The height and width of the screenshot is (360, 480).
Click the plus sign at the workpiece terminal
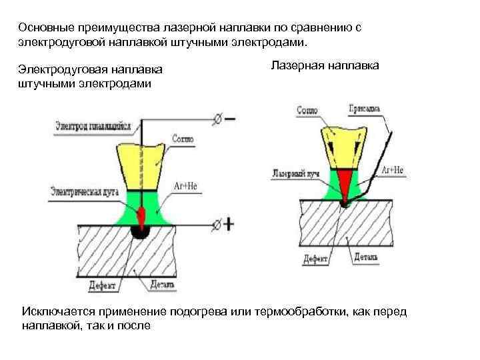tap(229, 224)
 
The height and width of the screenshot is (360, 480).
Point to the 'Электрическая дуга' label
tap(83, 191)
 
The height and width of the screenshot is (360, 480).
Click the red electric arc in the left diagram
tap(142, 215)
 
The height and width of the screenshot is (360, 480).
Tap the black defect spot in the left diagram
tap(141, 231)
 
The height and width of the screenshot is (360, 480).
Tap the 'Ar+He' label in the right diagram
tap(393, 170)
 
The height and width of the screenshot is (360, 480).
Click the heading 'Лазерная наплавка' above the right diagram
tap(325, 65)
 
